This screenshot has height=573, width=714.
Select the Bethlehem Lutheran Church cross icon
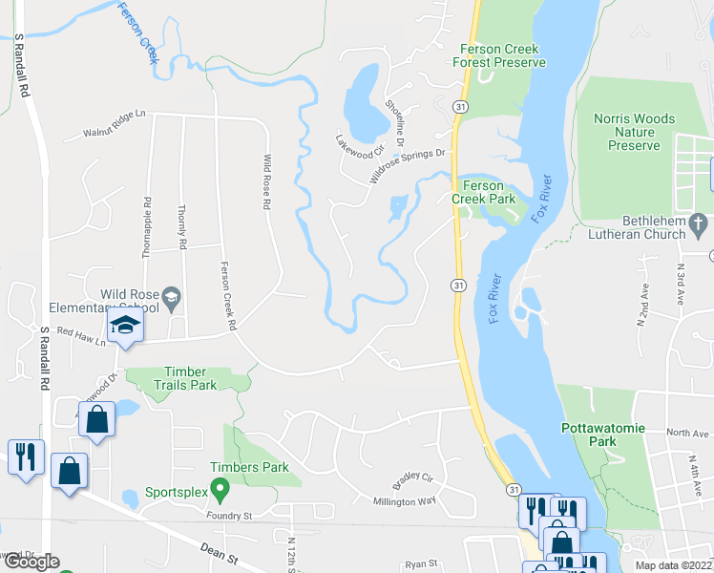coord(701,224)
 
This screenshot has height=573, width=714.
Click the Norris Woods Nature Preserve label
coord(634,133)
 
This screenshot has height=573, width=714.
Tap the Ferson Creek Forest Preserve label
coord(499,55)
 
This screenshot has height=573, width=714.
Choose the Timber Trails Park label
coord(178,378)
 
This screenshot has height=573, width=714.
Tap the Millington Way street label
coord(405,501)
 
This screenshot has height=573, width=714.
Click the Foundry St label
coord(228,516)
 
